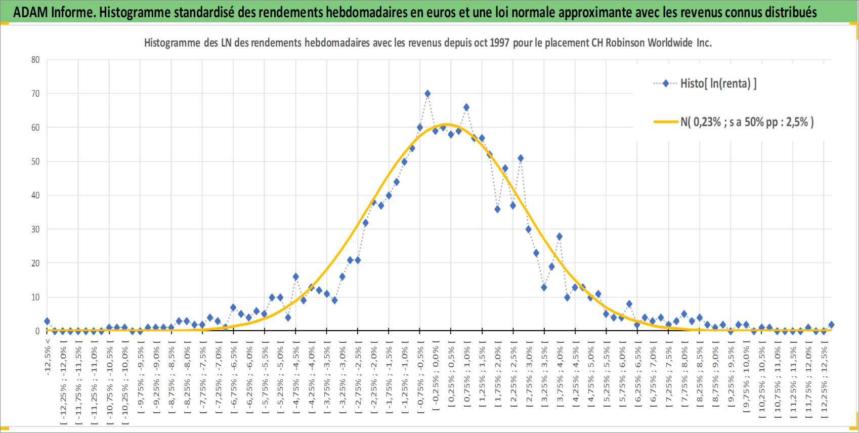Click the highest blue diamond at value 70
point(427,94)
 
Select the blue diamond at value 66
point(466,107)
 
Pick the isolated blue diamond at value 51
point(521,158)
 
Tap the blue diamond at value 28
point(560,237)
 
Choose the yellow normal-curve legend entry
point(733,122)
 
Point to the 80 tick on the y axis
point(35,60)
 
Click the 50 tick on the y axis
point(35,162)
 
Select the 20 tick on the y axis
point(35,263)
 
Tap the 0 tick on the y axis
point(37,331)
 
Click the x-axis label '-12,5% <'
point(48,357)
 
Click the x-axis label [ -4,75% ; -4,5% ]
point(295,380)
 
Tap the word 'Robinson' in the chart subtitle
point(625,43)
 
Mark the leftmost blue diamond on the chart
point(47,321)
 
